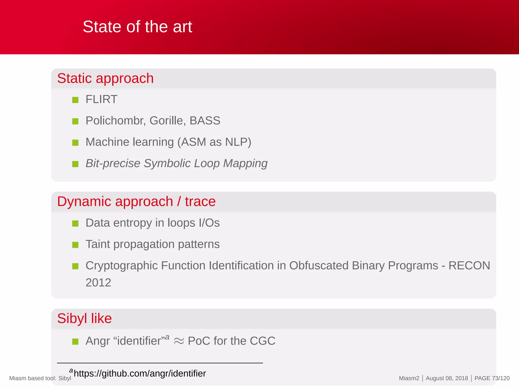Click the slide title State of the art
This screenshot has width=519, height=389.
click(x=137, y=27)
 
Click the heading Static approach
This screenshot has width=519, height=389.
click(x=105, y=78)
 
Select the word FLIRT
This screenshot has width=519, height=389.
click(x=101, y=99)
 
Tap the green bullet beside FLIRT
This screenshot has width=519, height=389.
click(x=75, y=100)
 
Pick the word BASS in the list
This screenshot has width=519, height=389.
click(x=205, y=121)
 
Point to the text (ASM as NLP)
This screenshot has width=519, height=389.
click(x=214, y=142)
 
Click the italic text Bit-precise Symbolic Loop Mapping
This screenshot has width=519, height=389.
click(x=176, y=163)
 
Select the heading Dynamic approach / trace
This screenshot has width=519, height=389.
click(x=136, y=202)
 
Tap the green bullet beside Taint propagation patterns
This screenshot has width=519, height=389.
click(x=75, y=245)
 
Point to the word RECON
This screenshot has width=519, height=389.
click(x=469, y=266)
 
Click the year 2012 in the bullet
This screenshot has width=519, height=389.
click(x=98, y=283)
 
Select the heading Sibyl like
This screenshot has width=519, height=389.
click(x=84, y=319)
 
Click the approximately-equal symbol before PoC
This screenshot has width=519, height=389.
click(x=179, y=341)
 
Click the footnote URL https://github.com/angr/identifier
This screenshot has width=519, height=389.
click(x=140, y=374)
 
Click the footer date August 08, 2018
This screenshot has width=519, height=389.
click(x=447, y=378)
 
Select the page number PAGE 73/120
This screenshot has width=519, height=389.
click(x=492, y=378)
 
